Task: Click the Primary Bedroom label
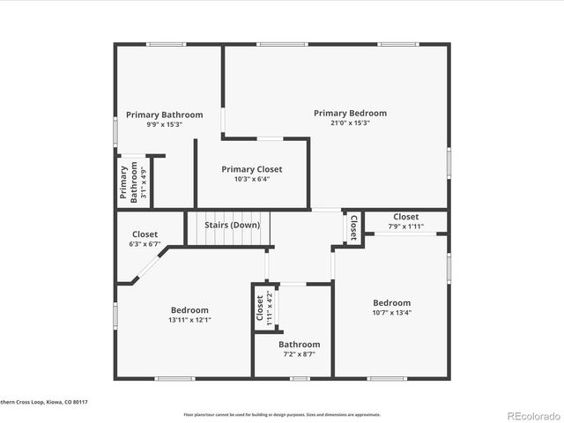tap(350, 113)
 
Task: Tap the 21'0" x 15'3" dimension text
tap(350, 123)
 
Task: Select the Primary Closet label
tap(252, 169)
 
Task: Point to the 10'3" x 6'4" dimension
tap(252, 180)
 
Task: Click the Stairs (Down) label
tap(233, 225)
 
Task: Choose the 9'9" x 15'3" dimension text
tap(164, 124)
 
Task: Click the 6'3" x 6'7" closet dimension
tap(144, 244)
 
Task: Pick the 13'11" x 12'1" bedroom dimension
tap(189, 320)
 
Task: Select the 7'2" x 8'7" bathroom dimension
tap(300, 354)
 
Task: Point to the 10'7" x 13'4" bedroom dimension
tap(391, 312)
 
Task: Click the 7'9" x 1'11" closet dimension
tap(406, 226)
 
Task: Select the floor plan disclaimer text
tap(282, 414)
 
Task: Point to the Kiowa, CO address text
tap(44, 402)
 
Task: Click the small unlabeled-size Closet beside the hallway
tap(354, 228)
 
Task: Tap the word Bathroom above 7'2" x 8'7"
tap(300, 345)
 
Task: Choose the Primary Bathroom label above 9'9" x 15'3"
tap(164, 115)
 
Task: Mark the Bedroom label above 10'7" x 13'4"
tap(391, 302)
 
